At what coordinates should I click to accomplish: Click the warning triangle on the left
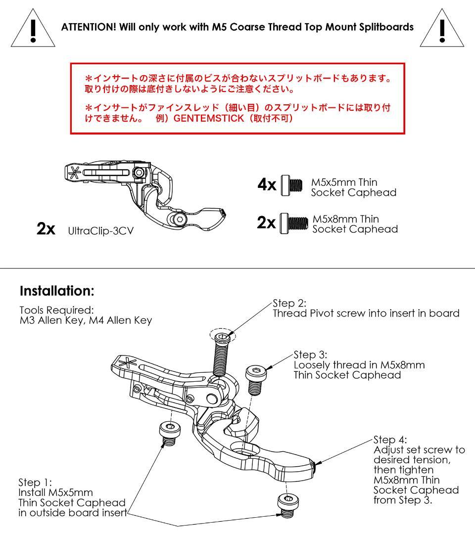(x=32, y=29)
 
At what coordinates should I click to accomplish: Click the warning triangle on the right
(x=441, y=29)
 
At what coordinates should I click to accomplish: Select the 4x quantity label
(x=267, y=185)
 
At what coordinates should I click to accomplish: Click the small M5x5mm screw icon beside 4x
(x=291, y=185)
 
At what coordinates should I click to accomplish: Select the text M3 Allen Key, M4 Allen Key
(x=85, y=320)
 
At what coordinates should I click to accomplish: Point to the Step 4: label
(x=391, y=440)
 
